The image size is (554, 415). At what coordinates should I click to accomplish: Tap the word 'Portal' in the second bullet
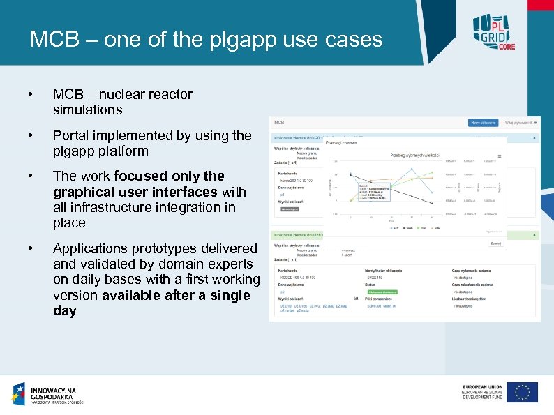(71, 135)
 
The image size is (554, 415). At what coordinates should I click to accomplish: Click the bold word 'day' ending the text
(64, 311)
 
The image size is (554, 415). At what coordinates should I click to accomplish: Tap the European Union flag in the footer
(522, 392)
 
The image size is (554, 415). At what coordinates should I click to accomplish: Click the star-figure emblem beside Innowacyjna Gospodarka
(19, 394)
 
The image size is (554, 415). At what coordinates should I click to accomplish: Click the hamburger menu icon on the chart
(499, 156)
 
